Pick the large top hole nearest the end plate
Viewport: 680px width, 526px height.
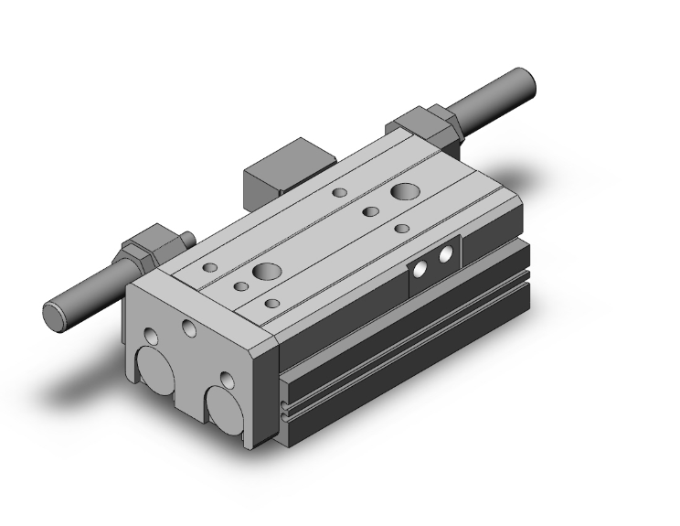pyautogui.click(x=267, y=271)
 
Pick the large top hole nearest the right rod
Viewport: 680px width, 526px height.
pyautogui.click(x=403, y=192)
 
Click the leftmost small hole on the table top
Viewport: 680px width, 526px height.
pyautogui.click(x=210, y=268)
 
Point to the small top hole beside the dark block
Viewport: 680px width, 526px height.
pyautogui.click(x=339, y=193)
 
